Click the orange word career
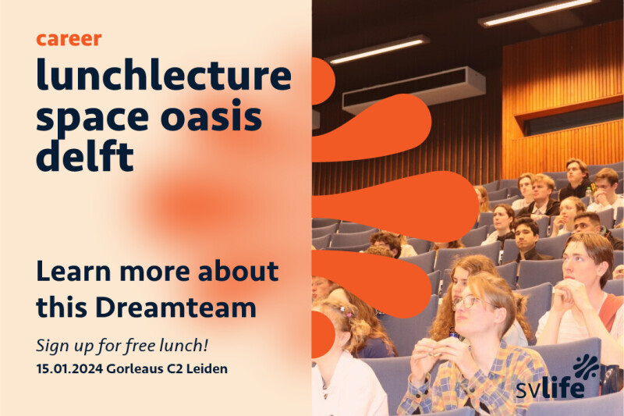pos(69,39)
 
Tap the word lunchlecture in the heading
pos(164,74)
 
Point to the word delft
pos(85,155)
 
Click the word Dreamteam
pos(175,308)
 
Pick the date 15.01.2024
pos(69,368)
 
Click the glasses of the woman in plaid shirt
pos(470,302)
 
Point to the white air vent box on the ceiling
pos(414,90)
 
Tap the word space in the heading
pos(92,118)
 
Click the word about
pos(238,271)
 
